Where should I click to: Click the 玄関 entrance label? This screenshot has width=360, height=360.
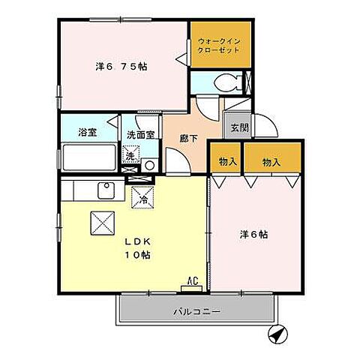point(238,127)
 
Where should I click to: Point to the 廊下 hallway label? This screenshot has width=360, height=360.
point(187,138)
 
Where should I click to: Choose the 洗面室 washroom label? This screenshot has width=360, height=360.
point(140,136)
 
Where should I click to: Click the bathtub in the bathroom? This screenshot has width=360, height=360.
point(88,157)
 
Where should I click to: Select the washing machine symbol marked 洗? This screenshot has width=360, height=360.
point(130,157)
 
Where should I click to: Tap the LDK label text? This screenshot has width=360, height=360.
point(136,241)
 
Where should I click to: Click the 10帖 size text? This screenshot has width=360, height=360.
point(137,255)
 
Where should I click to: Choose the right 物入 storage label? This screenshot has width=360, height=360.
point(272,160)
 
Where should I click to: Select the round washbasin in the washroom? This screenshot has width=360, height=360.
point(149,165)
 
